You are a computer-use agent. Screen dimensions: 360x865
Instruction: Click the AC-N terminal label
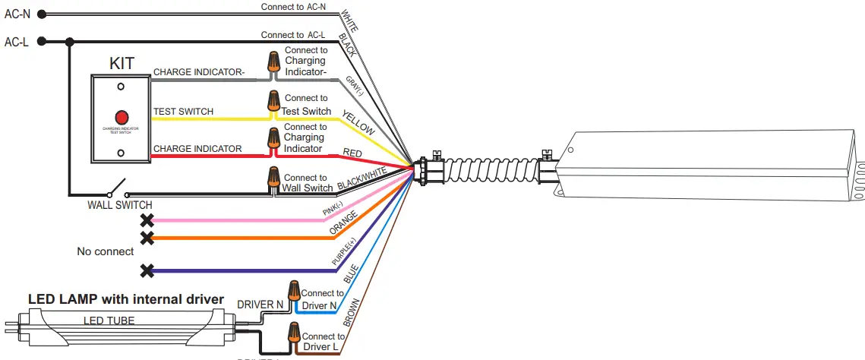[x=16, y=13]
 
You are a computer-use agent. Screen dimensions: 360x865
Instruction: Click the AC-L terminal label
[x=16, y=43]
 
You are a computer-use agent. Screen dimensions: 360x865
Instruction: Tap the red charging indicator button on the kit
[x=121, y=118]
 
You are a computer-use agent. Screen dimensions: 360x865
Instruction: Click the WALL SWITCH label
[x=121, y=205]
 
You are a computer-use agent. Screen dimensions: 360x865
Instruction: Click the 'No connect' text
[x=105, y=251]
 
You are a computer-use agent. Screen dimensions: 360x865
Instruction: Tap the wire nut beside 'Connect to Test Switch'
[x=273, y=101]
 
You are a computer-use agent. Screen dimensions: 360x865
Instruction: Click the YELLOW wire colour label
[x=358, y=122]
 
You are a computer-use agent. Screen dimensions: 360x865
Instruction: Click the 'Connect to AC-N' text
[x=293, y=7]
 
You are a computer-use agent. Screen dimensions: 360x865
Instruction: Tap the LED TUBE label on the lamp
[x=109, y=321]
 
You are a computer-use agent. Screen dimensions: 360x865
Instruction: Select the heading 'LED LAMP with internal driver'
[x=126, y=299]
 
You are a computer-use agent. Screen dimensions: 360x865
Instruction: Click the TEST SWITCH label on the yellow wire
[x=183, y=112]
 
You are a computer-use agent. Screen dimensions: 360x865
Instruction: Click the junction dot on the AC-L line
[x=70, y=42]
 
